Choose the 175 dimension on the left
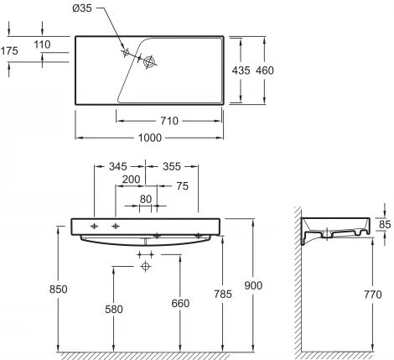(10, 50)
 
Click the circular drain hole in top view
(151, 61)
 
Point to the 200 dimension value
(130, 180)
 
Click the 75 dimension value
(183, 186)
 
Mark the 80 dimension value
(146, 199)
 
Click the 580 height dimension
(114, 309)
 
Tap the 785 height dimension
(223, 294)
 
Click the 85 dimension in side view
(385, 224)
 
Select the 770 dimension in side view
(374, 295)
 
